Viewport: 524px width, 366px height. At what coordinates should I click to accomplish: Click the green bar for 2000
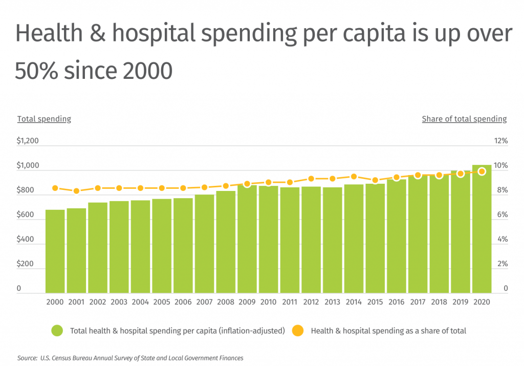(x=55, y=251)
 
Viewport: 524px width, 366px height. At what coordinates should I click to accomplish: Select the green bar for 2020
(x=482, y=229)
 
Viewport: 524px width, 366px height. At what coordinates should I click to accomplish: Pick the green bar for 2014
(x=354, y=239)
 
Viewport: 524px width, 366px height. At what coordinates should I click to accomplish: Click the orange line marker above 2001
(x=76, y=191)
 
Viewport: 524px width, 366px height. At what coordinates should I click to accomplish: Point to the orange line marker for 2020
(x=482, y=171)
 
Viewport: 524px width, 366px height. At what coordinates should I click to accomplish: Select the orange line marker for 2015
(x=375, y=180)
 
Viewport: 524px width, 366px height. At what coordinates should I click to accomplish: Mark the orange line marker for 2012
(x=311, y=179)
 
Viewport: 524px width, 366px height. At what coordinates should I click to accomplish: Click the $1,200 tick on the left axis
(x=28, y=141)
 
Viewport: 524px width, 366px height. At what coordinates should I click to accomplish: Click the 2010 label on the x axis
(x=268, y=302)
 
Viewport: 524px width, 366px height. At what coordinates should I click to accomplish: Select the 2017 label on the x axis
(x=418, y=302)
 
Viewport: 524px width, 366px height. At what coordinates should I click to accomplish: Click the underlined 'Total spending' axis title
(x=44, y=119)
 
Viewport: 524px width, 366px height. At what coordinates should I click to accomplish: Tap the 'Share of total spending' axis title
(x=464, y=119)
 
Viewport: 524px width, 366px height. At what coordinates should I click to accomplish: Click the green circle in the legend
(x=57, y=331)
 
